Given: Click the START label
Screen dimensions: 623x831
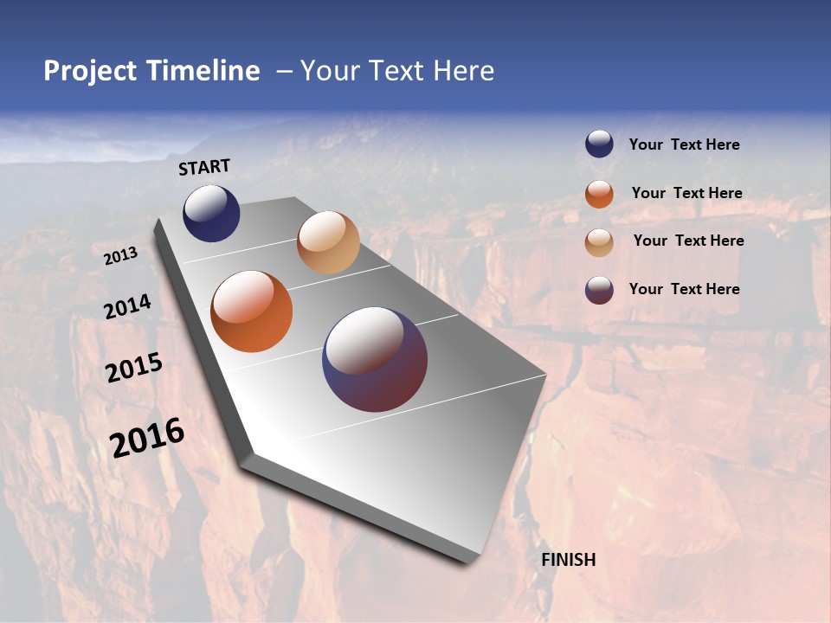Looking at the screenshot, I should [204, 167].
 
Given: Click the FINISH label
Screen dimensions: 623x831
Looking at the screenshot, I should [568, 560].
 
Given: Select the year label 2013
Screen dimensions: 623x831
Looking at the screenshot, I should [121, 256].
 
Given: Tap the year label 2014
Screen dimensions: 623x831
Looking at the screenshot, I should [128, 306].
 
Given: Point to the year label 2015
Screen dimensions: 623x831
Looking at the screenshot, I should [134, 368].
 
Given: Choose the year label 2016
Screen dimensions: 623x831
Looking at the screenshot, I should [147, 437].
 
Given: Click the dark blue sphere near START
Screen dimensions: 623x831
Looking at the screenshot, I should [211, 213].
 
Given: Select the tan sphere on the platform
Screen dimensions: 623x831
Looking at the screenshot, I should [328, 242].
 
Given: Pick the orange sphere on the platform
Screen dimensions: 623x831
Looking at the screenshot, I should [252, 311].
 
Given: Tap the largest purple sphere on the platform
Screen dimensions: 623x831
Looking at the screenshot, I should [375, 358].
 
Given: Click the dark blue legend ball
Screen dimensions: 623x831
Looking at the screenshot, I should [599, 145].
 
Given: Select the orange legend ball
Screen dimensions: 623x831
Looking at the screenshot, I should [599, 194].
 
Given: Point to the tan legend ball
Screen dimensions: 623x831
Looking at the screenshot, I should [599, 241].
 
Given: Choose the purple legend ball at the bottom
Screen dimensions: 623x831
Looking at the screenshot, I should [599, 290].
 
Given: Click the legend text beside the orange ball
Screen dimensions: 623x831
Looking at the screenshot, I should [686, 193].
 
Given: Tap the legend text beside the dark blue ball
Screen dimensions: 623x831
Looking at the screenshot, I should [684, 145].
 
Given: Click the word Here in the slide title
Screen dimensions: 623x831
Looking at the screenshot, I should [463, 71].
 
